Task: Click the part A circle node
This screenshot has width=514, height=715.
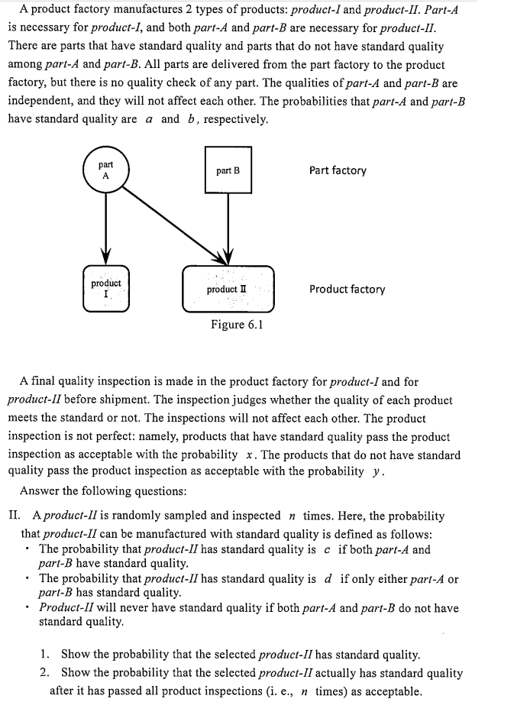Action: pyautogui.click(x=105, y=170)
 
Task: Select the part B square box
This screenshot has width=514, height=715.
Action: pyautogui.click(x=228, y=170)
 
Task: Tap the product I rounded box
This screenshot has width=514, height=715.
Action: pyautogui.click(x=105, y=288)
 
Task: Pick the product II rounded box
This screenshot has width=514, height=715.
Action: pyautogui.click(x=228, y=289)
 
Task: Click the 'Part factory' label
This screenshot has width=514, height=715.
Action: pyautogui.click(x=338, y=170)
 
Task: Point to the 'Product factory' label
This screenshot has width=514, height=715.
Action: pyautogui.click(x=347, y=289)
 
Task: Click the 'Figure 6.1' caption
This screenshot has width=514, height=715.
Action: pyautogui.click(x=237, y=325)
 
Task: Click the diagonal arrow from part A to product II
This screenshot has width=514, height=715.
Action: pyautogui.click(x=176, y=222)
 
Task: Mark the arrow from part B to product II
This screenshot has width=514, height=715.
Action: pyautogui.click(x=228, y=225)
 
